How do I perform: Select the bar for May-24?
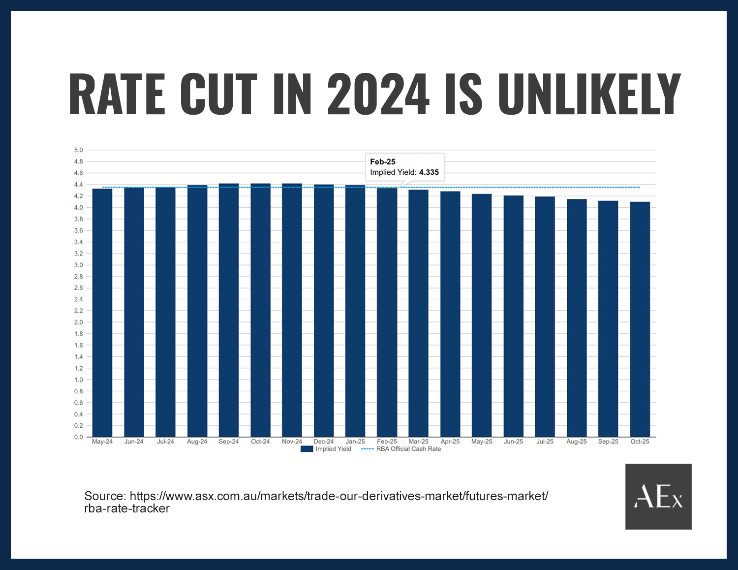(x=102, y=313)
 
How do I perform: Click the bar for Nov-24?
(x=292, y=310)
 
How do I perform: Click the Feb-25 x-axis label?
(x=387, y=442)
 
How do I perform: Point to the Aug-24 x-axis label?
(x=197, y=442)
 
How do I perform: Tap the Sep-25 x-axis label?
(x=608, y=442)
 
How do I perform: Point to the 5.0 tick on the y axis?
(x=78, y=150)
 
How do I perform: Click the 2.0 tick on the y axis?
(x=78, y=322)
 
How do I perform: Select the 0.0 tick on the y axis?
(x=78, y=437)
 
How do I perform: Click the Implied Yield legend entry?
(x=327, y=449)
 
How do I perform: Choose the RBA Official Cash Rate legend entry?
(x=401, y=449)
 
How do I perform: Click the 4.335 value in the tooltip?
(x=429, y=172)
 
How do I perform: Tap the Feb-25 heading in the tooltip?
(x=383, y=161)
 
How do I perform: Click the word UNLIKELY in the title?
(x=589, y=95)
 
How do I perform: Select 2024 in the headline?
(x=378, y=95)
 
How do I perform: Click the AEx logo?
(x=658, y=497)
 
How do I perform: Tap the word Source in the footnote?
(x=105, y=496)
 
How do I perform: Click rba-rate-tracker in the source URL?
(x=127, y=508)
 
